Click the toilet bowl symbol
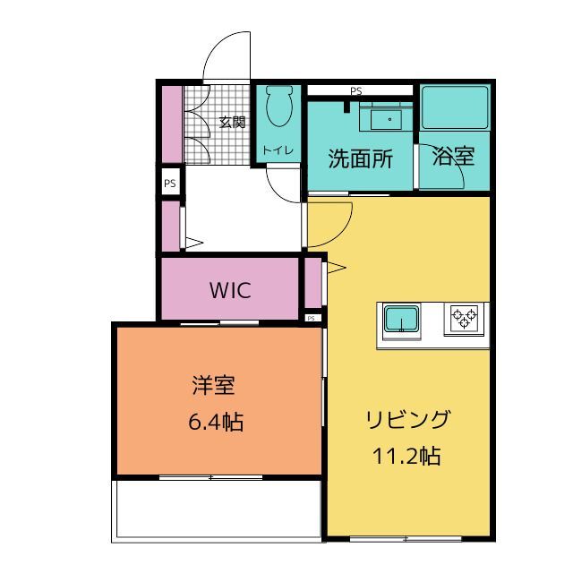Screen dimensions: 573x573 279,106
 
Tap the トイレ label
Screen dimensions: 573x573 278,150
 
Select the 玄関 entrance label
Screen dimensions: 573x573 232,122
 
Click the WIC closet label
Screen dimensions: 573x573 230,290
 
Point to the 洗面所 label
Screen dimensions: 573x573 361,159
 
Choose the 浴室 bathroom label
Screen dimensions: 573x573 454,156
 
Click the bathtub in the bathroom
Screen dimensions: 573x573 455,107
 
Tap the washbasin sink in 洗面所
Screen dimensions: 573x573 387,119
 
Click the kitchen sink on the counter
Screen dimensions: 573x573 402,319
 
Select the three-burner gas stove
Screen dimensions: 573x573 464,319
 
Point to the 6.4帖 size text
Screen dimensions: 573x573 216,422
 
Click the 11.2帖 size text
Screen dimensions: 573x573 406,456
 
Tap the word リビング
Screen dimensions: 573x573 408,419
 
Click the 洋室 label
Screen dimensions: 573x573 213,386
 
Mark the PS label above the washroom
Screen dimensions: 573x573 356,90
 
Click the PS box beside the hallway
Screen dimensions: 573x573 170,183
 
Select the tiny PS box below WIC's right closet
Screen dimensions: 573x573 311,319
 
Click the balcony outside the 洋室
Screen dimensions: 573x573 218,509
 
